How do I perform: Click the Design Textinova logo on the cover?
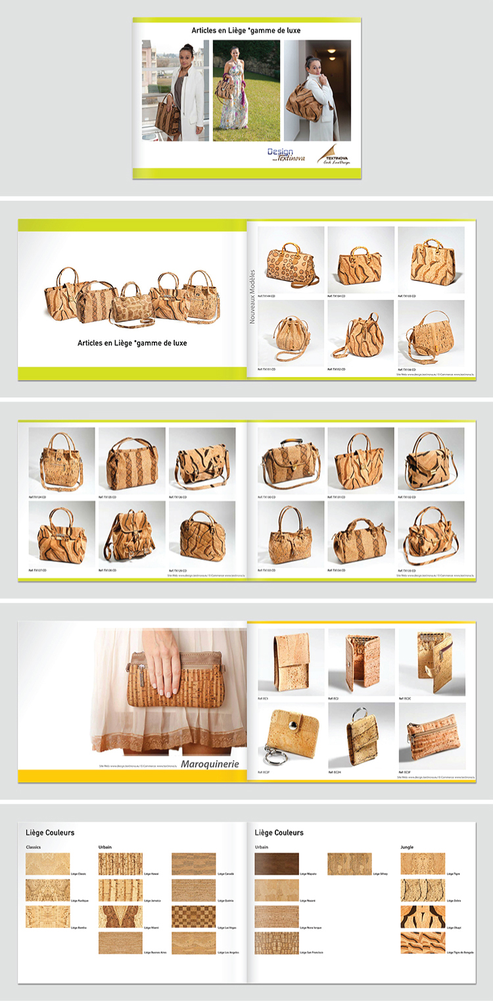point(286,155)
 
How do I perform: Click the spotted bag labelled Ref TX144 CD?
point(291,261)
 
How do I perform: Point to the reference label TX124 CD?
point(37,497)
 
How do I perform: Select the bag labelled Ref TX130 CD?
point(290,461)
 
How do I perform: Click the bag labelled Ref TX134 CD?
point(360,535)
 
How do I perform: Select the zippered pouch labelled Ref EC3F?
point(431,734)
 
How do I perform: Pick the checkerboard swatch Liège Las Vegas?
point(194,916)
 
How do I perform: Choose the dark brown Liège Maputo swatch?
point(277,864)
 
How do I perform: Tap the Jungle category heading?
point(407,847)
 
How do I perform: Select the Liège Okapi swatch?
point(423,916)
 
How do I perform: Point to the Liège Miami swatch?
point(120,916)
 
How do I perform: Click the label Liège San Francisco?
point(312,952)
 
